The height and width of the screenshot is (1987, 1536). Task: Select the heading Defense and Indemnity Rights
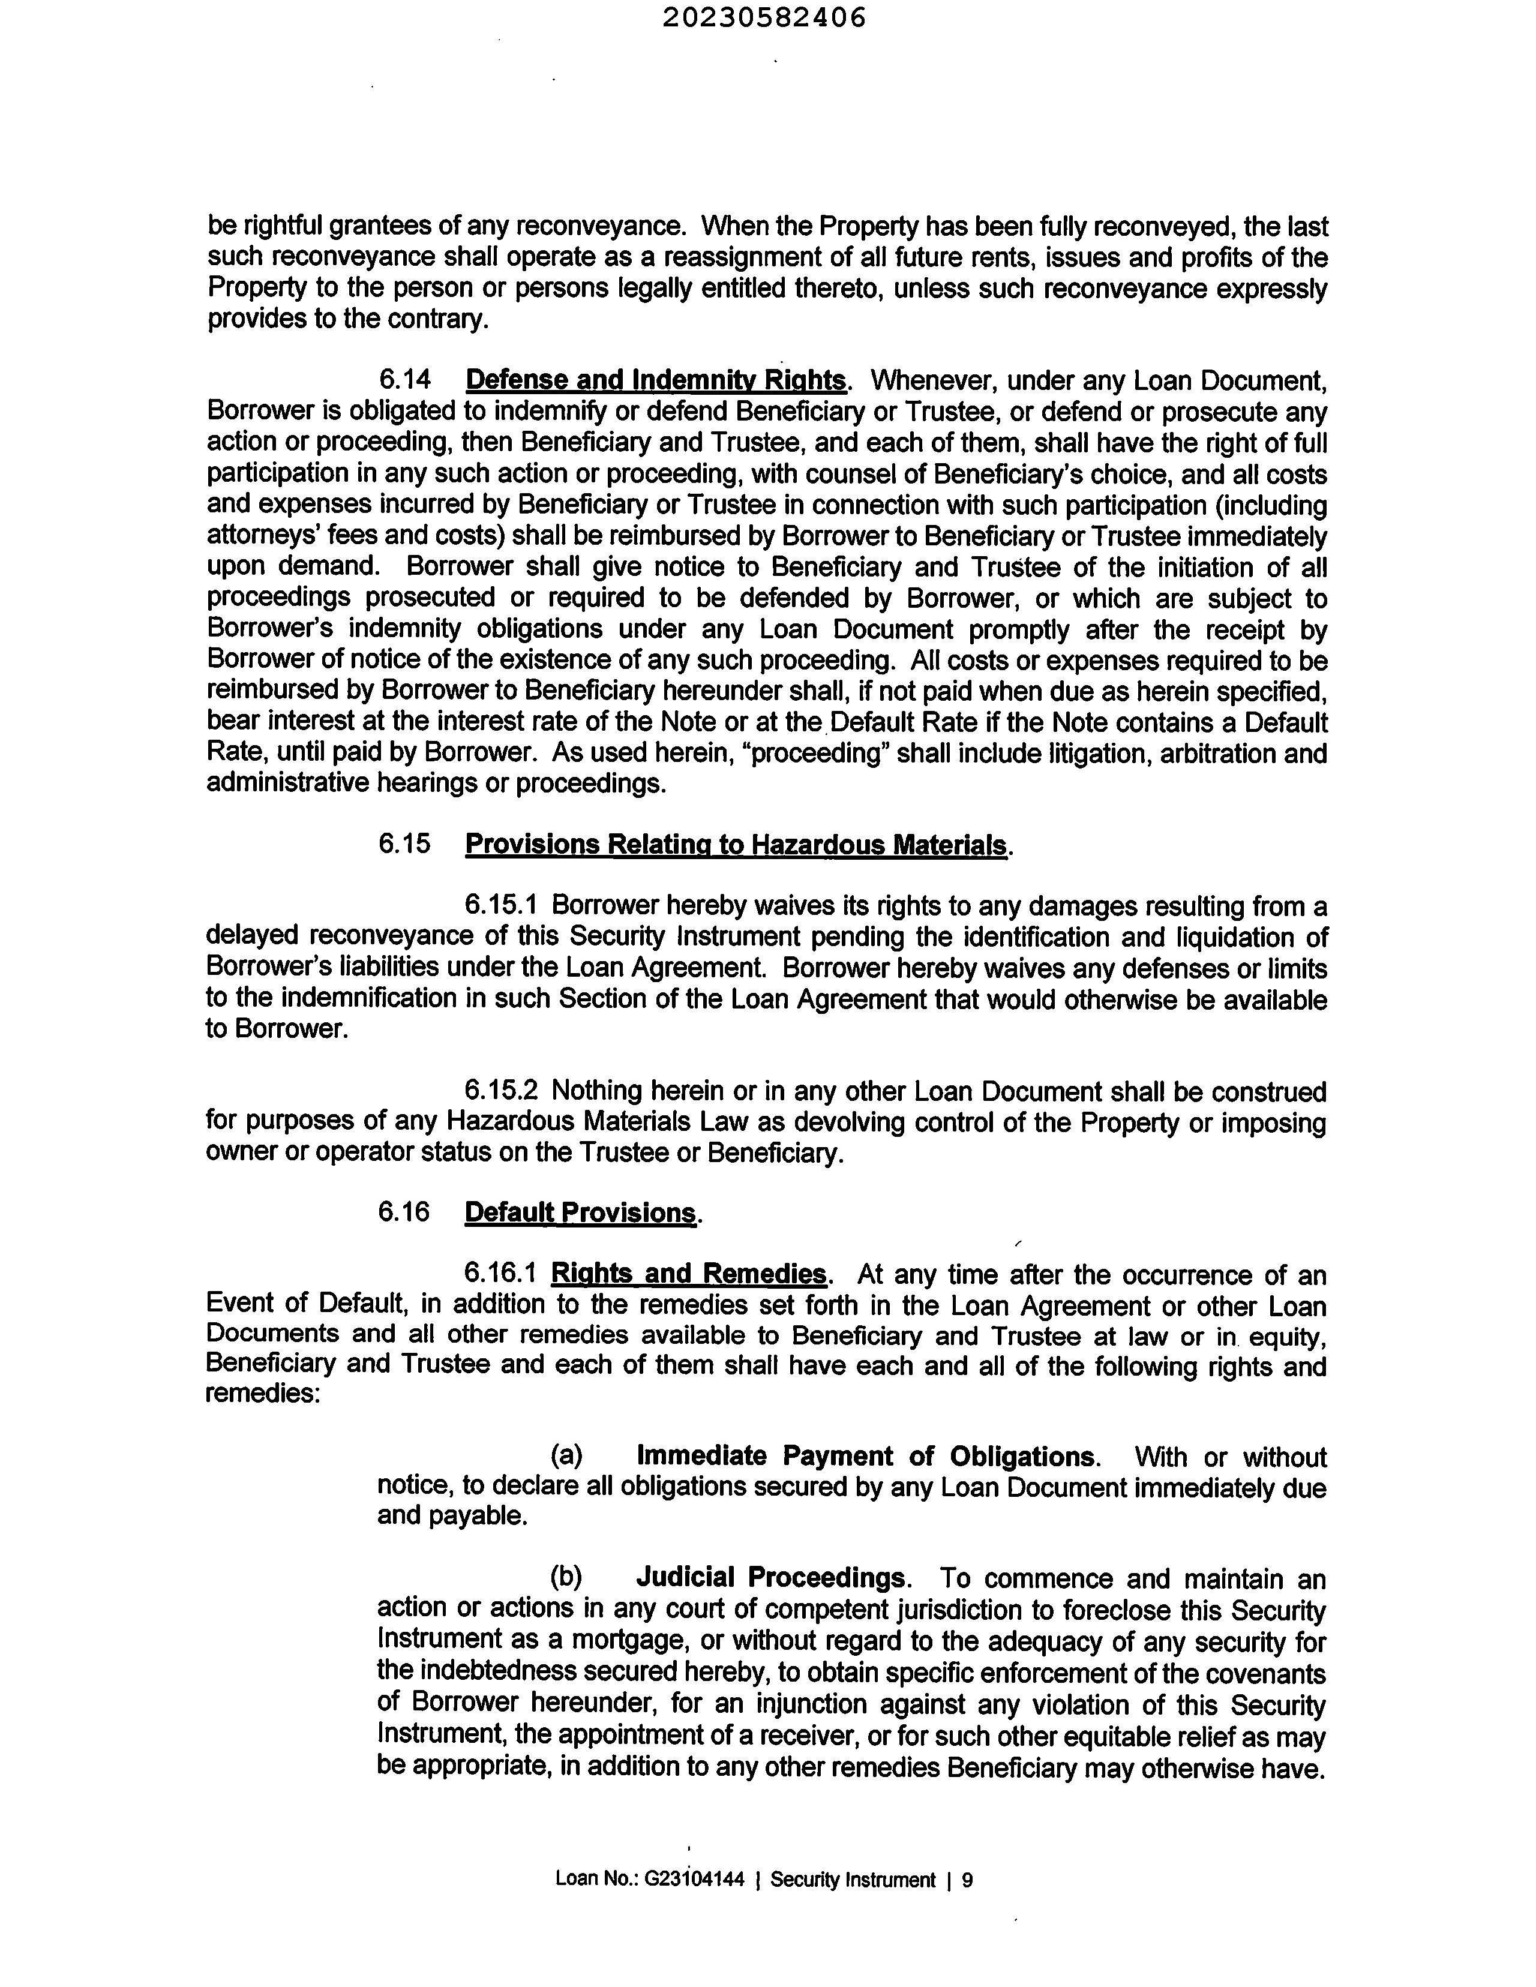655,380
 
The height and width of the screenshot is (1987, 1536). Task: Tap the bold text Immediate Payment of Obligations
866,1457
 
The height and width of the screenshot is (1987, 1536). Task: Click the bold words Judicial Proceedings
771,1578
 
